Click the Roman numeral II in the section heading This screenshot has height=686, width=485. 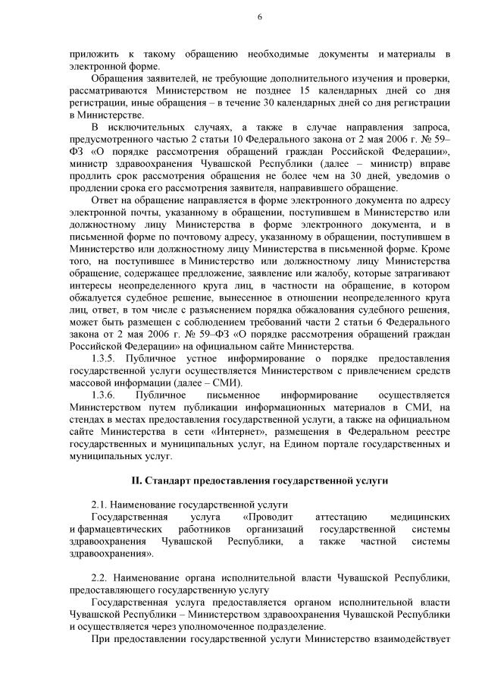tap(136, 481)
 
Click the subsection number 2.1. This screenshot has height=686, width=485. tap(98, 505)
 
